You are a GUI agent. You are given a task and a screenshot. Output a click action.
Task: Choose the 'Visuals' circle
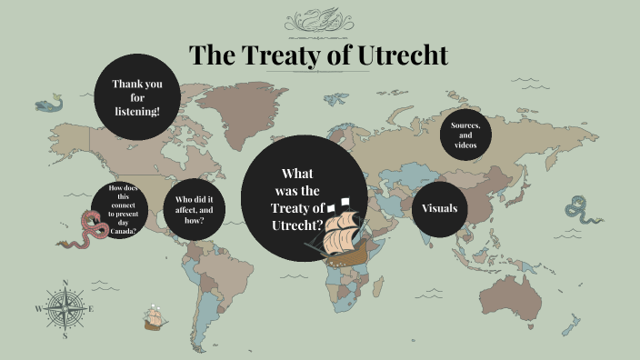[440, 209]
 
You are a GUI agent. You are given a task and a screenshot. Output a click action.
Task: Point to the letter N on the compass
[65, 282]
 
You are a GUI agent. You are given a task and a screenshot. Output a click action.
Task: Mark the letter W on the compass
[38, 309]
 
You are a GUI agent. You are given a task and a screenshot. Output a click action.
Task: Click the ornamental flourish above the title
[319, 20]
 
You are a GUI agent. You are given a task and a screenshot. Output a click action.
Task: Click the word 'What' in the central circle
[297, 174]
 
